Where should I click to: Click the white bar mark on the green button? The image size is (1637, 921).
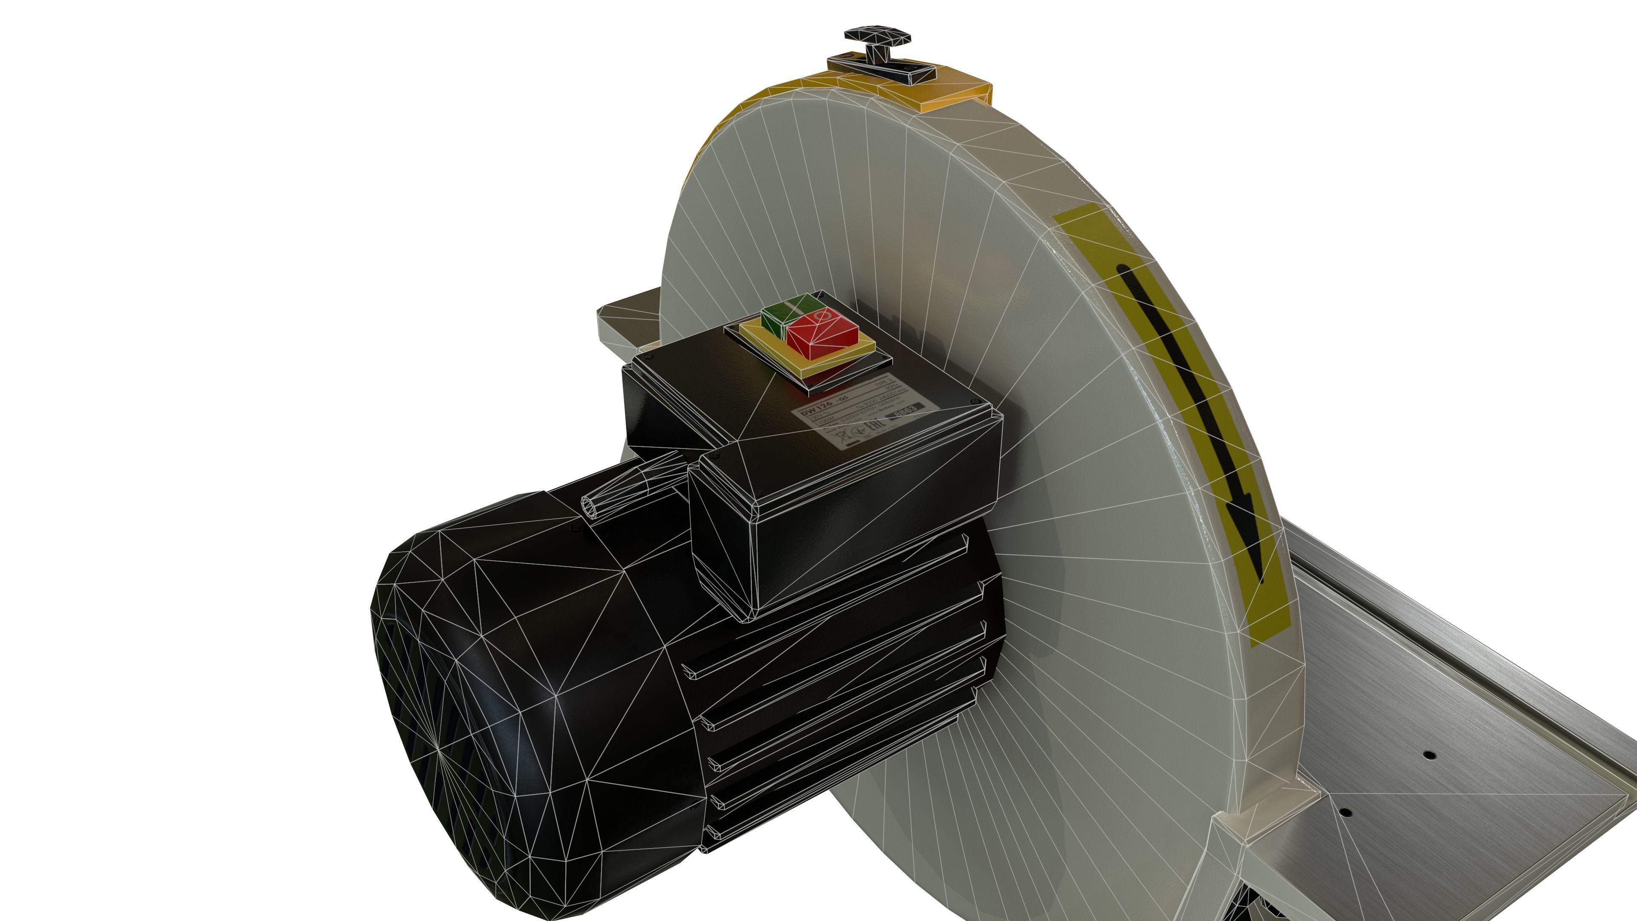click(x=792, y=307)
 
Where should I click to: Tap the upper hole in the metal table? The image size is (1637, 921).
click(x=1429, y=755)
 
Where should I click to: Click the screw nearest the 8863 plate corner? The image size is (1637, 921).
click(x=974, y=401)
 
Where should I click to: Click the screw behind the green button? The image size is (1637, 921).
click(x=820, y=294)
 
